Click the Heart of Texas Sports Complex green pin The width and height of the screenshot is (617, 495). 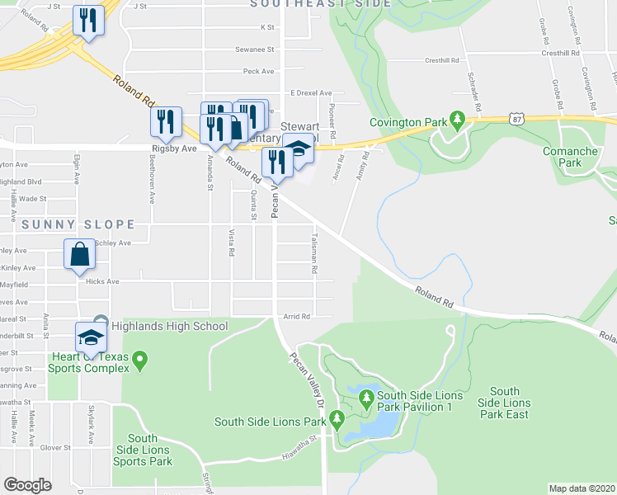tap(139, 361)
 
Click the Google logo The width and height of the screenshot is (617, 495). tap(27, 485)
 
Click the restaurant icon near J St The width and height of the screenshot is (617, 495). tap(88, 20)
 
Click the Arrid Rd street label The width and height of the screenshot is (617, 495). tap(297, 316)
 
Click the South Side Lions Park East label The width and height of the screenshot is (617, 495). tap(504, 403)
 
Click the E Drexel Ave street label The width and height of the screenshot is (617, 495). tap(311, 93)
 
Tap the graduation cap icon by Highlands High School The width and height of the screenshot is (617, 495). tap(91, 336)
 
